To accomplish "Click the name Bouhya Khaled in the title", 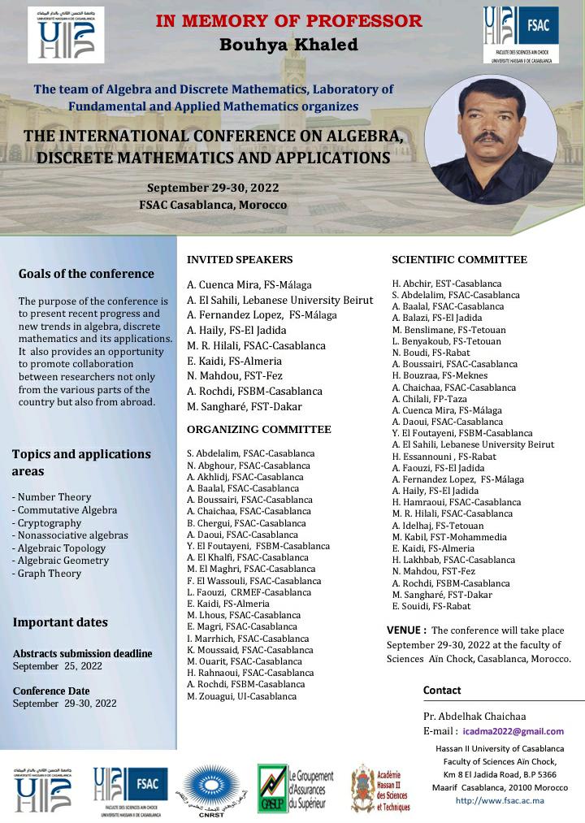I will (288, 45).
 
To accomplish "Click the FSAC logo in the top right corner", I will (517, 35).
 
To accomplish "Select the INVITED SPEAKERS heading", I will (240, 260).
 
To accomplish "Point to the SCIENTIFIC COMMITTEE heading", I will (459, 260).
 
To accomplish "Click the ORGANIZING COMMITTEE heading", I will (259, 430).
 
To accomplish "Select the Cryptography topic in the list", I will (46, 522).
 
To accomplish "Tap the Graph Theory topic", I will (46, 573).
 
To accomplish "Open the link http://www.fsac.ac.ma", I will (500, 800).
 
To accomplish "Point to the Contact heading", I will (442, 691).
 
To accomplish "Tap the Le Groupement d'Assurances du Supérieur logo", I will (294, 786).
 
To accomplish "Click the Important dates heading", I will (60, 622).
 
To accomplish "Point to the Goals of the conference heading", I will (86, 274).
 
